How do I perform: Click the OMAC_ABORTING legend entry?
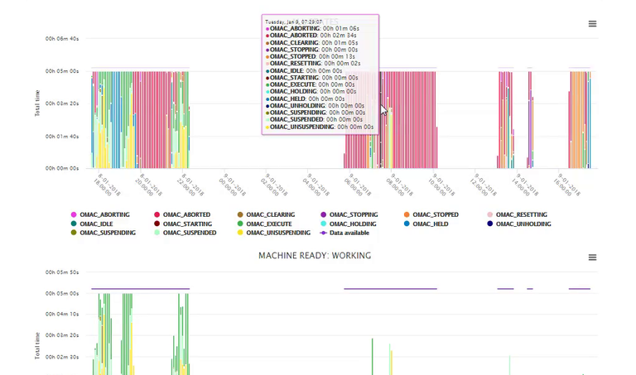(104, 214)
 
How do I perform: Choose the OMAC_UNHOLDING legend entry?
(522, 224)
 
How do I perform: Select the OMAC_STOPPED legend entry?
(435, 214)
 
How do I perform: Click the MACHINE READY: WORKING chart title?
(315, 256)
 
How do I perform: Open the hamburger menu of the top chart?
(592, 24)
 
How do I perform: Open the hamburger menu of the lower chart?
(592, 257)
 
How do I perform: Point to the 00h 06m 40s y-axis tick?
(62, 39)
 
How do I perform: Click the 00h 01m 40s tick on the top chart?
(62, 136)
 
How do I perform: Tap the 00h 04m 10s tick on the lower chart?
(62, 315)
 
